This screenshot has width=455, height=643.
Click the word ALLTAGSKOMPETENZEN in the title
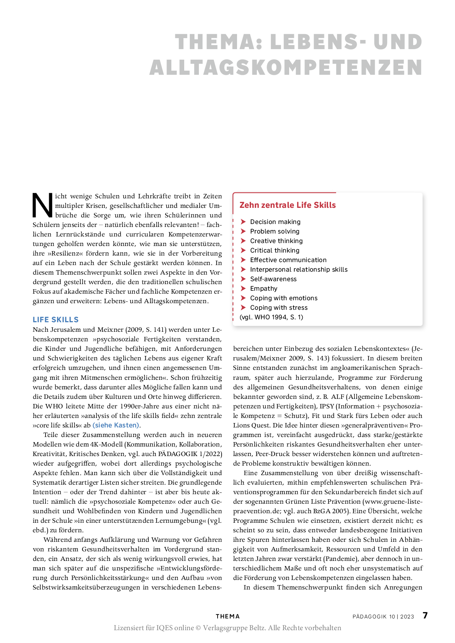tap(286, 68)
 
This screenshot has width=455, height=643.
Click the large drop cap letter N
tap(43, 205)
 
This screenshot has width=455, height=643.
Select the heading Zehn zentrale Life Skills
tap(287, 205)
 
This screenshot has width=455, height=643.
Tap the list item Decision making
tap(275, 222)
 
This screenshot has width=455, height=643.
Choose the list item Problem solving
tap(274, 231)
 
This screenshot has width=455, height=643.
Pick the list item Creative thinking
tap(276, 241)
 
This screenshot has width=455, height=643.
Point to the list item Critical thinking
tap(274, 250)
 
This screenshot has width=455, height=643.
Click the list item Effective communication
tap(288, 260)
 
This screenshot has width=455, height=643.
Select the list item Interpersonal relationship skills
tap(299, 269)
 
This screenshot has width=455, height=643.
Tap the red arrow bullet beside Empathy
tap(243, 289)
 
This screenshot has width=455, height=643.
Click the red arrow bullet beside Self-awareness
tap(243, 279)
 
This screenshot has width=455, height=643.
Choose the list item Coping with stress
tap(279, 308)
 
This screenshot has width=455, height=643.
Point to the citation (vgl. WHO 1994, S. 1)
tap(271, 317)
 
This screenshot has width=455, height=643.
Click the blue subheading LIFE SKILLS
tap(55, 320)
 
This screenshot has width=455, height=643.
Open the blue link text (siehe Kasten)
tap(116, 425)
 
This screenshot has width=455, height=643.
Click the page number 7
tap(425, 616)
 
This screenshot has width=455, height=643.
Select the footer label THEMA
tap(227, 617)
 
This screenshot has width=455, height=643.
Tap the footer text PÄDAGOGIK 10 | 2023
tap(383, 617)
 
